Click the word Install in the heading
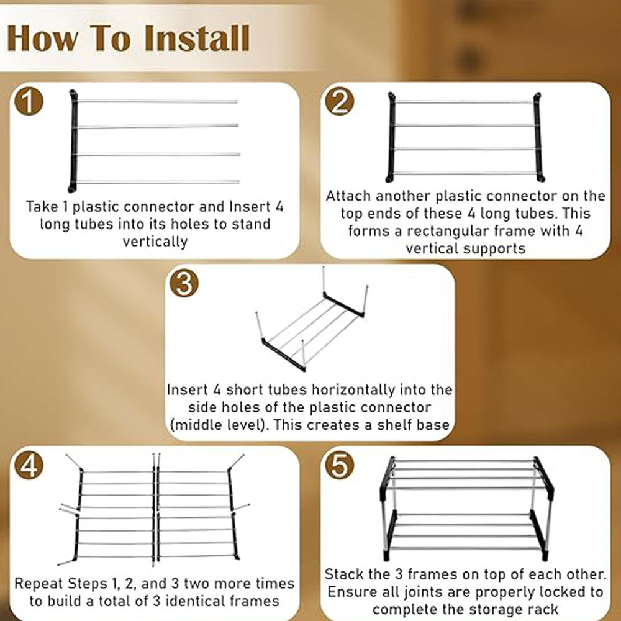[x=197, y=39]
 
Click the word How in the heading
[x=43, y=39]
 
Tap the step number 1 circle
[x=29, y=101]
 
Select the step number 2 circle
[x=340, y=101]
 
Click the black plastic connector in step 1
[x=73, y=142]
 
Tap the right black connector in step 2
[x=538, y=137]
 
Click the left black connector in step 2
[x=391, y=137]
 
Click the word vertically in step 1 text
[x=155, y=241]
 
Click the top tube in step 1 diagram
[x=158, y=101]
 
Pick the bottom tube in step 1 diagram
[x=158, y=182]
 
